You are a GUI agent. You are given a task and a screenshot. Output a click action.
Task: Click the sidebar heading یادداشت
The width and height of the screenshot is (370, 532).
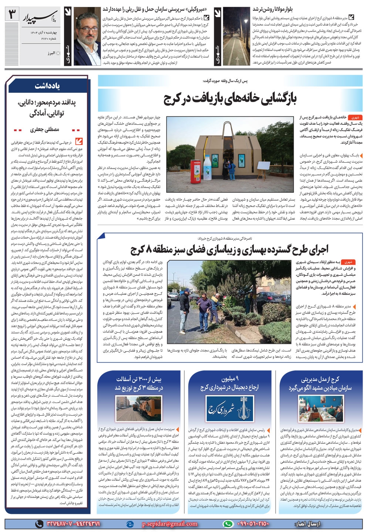(47, 86)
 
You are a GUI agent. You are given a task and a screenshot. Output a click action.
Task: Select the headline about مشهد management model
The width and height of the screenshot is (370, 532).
(320, 383)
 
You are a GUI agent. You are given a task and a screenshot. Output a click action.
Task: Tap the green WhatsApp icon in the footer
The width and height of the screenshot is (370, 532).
(229, 524)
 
